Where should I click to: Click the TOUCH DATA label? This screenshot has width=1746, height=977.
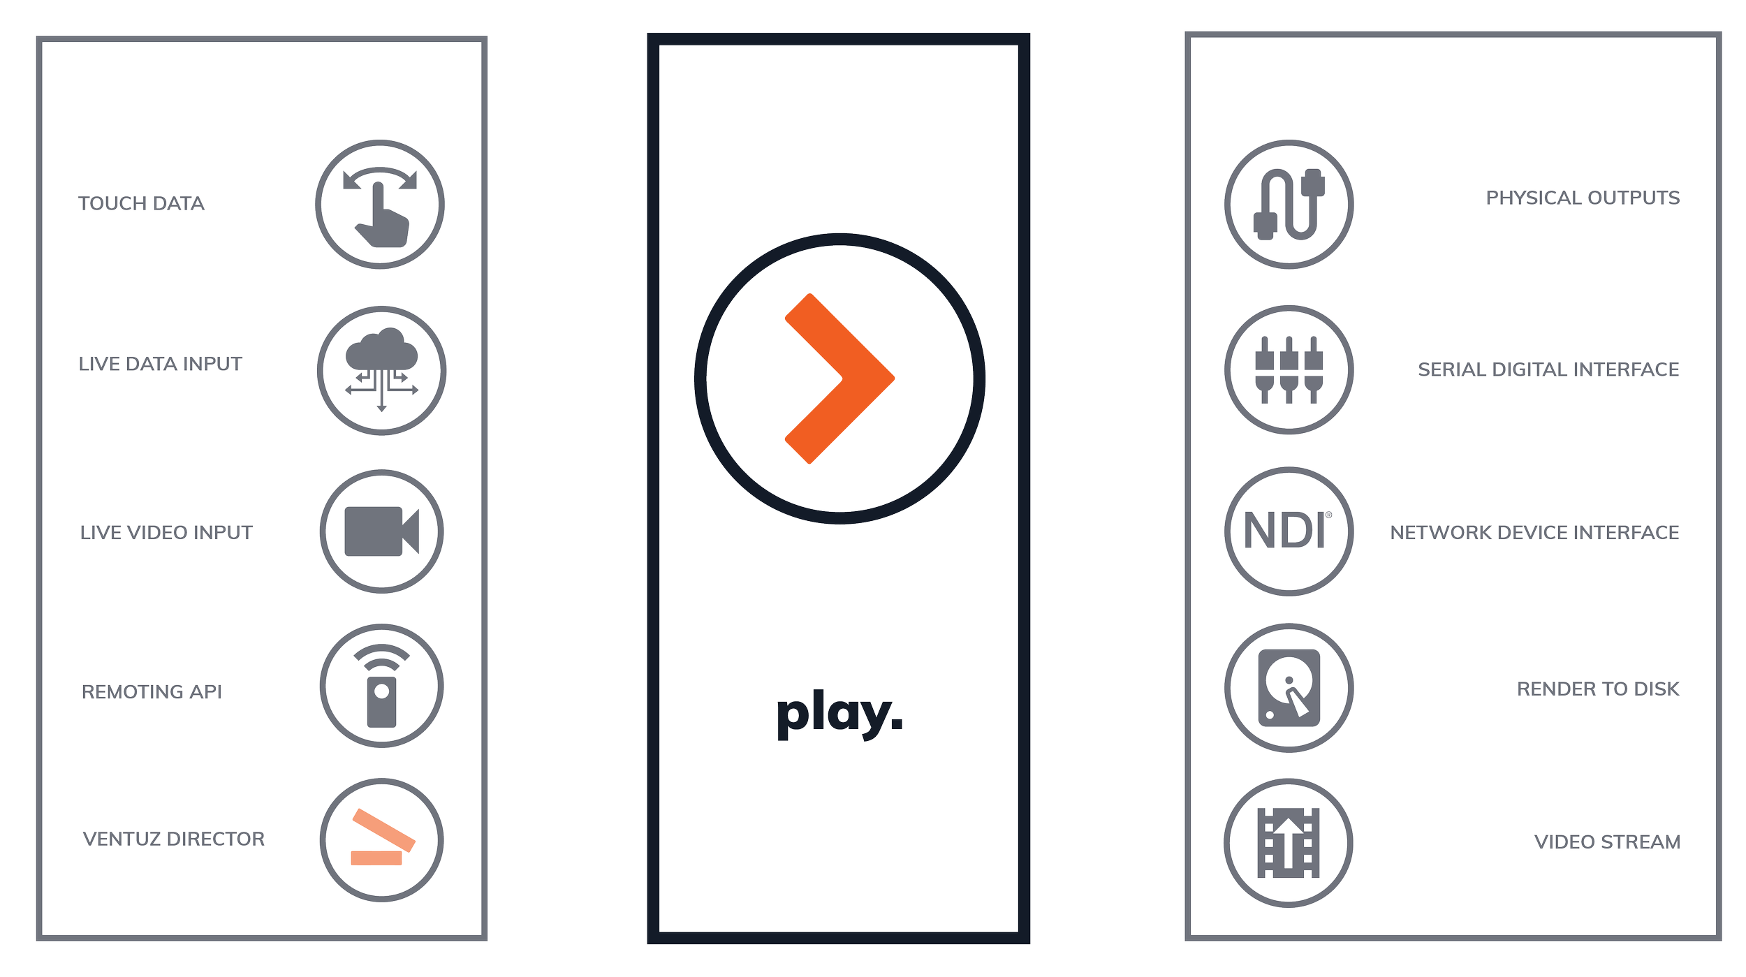click(x=141, y=203)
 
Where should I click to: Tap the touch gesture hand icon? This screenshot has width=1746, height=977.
click(x=380, y=205)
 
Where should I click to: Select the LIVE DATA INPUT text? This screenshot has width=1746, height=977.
click(x=160, y=364)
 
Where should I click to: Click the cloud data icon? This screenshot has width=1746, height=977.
click(x=381, y=370)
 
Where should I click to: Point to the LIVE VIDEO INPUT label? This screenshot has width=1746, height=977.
click(x=166, y=532)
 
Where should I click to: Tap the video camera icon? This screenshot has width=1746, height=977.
click(x=381, y=531)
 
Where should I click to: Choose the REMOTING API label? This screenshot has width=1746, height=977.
click(x=152, y=691)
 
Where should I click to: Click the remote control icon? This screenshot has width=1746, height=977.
click(x=381, y=686)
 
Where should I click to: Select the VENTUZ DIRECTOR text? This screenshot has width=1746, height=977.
click(x=174, y=839)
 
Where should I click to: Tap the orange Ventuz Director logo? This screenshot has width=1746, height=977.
click(x=381, y=841)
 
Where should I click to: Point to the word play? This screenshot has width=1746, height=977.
click(x=839, y=714)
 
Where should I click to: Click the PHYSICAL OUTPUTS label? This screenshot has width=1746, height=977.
click(x=1583, y=198)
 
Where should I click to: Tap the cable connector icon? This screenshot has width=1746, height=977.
click(x=1289, y=205)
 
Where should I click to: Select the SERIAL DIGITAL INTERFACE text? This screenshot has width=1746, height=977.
click(x=1548, y=369)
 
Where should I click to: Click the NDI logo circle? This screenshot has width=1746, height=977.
click(x=1289, y=531)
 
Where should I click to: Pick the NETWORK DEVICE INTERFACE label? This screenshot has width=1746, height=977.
click(x=1534, y=532)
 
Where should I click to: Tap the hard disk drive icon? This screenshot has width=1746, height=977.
click(x=1289, y=688)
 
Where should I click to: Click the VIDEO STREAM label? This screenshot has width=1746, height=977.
click(x=1607, y=842)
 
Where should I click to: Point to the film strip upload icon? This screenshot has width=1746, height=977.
click(x=1289, y=843)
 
